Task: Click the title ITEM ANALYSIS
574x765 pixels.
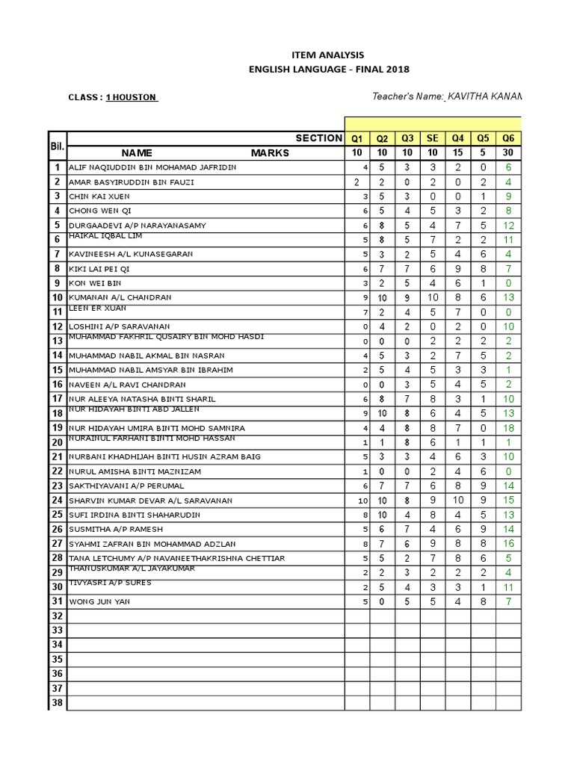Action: (329, 55)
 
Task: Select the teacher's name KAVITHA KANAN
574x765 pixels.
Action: (484, 96)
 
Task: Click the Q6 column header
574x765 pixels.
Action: (508, 138)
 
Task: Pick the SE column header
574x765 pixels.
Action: (432, 138)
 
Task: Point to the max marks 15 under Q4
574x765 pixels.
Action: (457, 152)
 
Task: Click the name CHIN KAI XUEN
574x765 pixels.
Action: (99, 196)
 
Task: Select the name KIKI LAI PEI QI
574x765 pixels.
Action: (99, 269)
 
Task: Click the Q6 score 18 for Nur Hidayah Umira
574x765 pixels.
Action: (508, 428)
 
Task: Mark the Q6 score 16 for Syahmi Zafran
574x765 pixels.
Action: (508, 544)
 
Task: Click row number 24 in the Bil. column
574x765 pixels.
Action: (57, 501)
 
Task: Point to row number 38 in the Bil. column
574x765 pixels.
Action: (57, 703)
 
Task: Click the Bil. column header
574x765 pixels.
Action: (57, 145)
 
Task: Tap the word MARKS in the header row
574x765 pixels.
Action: (270, 152)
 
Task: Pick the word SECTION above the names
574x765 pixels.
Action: (318, 138)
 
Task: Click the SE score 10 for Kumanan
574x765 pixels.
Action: (432, 297)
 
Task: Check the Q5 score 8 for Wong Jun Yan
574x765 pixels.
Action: (483, 601)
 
